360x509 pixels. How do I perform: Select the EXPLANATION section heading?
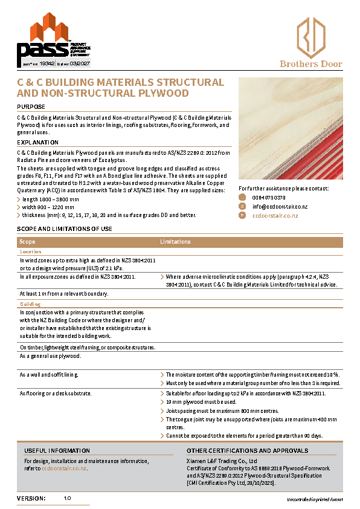[37, 142]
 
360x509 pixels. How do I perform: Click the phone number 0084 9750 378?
[269, 198]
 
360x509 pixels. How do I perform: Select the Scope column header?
[27, 242]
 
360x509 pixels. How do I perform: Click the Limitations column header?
[176, 242]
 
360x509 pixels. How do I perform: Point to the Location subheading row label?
[31, 251]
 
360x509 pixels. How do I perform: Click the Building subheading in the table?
[30, 303]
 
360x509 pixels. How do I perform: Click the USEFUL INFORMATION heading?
[57, 450]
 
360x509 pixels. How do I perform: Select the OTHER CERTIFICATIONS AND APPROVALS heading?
[247, 450]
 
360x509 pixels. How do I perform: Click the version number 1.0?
[67, 498]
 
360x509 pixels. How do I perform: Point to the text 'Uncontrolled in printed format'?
[314, 499]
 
